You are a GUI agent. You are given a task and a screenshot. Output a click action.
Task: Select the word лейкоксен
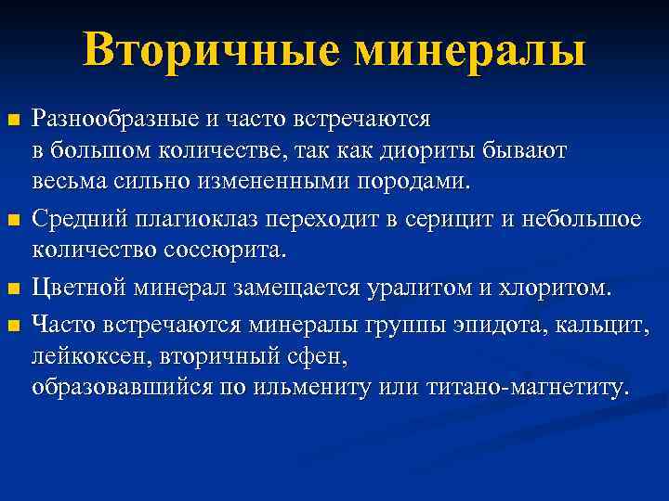point(93,354)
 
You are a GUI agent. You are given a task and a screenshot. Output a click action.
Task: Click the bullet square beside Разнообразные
point(12,122)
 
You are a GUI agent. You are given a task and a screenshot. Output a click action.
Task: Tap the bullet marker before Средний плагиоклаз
point(12,220)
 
